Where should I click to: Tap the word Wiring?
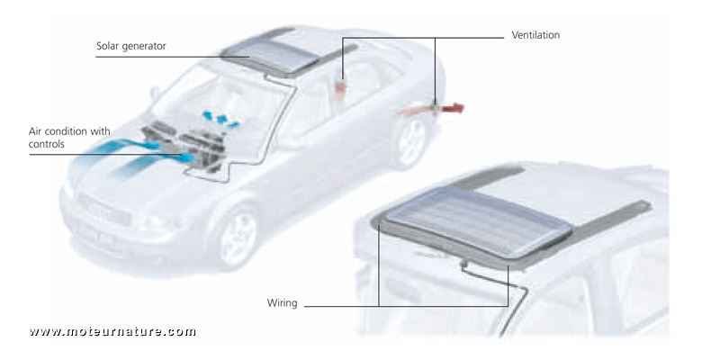point(283,303)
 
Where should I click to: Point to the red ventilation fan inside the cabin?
point(341,86)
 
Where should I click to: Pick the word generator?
point(146,45)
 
